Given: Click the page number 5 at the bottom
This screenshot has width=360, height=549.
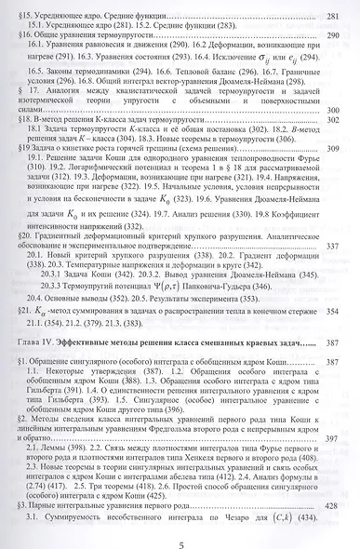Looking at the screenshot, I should [x=180, y=540].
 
